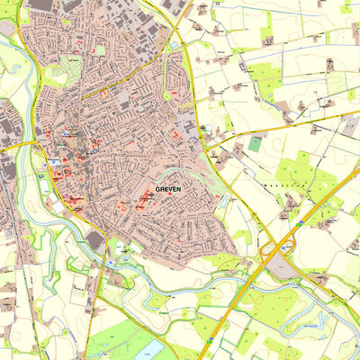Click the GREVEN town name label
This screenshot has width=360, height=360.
[168, 189]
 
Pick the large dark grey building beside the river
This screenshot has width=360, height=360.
[95, 240]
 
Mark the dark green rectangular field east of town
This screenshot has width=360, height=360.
[256, 143]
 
